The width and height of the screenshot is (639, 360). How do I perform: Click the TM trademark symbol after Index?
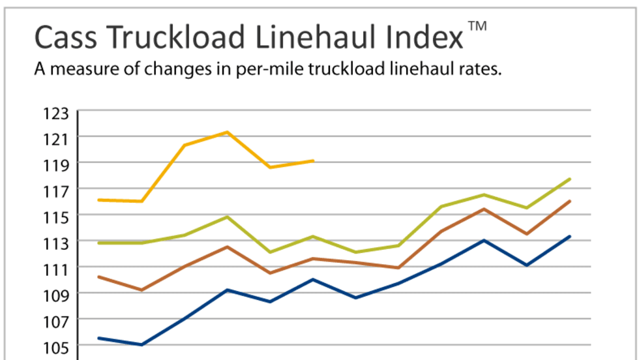(x=477, y=27)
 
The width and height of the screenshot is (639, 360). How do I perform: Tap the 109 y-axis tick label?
(x=56, y=295)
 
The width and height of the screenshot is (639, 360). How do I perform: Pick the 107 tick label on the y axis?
(x=56, y=321)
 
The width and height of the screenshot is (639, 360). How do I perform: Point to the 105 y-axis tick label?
(x=56, y=346)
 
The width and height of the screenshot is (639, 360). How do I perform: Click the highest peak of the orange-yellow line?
(x=227, y=132)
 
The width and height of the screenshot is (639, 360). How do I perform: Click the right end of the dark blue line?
(x=570, y=236)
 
